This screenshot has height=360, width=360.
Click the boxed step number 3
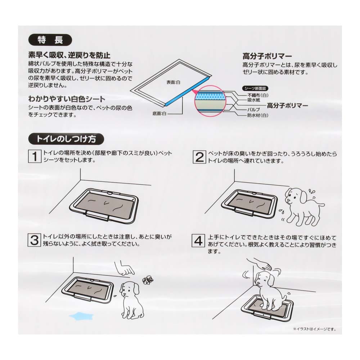pos(35,240)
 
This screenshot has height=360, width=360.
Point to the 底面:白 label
pos(159,113)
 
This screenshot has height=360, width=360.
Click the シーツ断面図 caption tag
pos(256,87)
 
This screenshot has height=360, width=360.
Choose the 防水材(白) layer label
pos(257,115)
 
